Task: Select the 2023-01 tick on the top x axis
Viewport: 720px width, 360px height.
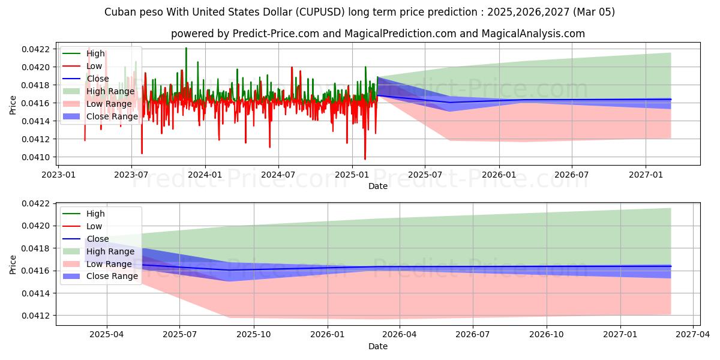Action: (x=58, y=175)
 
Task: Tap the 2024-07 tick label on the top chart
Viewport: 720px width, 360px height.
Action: (x=278, y=175)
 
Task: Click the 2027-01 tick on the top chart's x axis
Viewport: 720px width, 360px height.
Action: (x=646, y=175)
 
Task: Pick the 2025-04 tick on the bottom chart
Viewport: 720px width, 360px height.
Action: (x=107, y=334)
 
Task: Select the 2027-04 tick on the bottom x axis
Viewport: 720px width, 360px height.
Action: (x=692, y=334)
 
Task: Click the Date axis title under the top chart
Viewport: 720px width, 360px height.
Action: (x=378, y=186)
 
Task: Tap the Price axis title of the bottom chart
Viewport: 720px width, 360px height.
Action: (x=13, y=264)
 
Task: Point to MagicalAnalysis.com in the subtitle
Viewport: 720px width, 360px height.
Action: (x=533, y=34)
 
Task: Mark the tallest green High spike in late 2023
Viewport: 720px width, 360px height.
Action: (x=186, y=48)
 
